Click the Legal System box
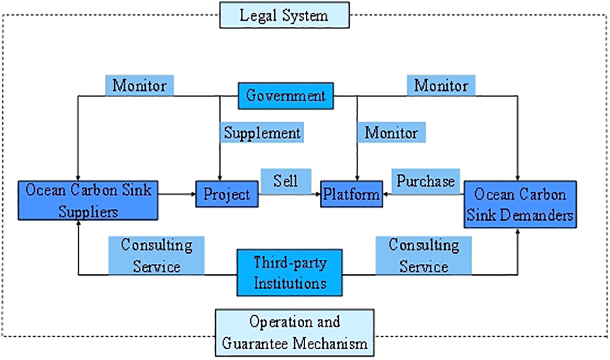click(284, 15)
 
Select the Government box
click(286, 96)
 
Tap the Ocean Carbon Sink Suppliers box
click(87, 200)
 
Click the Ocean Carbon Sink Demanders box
click(520, 204)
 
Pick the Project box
click(226, 194)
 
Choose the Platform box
click(352, 194)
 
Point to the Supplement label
click(262, 133)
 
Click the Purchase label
click(426, 181)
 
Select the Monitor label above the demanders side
click(441, 85)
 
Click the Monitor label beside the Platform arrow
click(392, 132)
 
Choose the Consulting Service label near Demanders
click(424, 255)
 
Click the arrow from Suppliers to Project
click(177, 194)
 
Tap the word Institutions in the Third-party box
click(290, 283)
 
